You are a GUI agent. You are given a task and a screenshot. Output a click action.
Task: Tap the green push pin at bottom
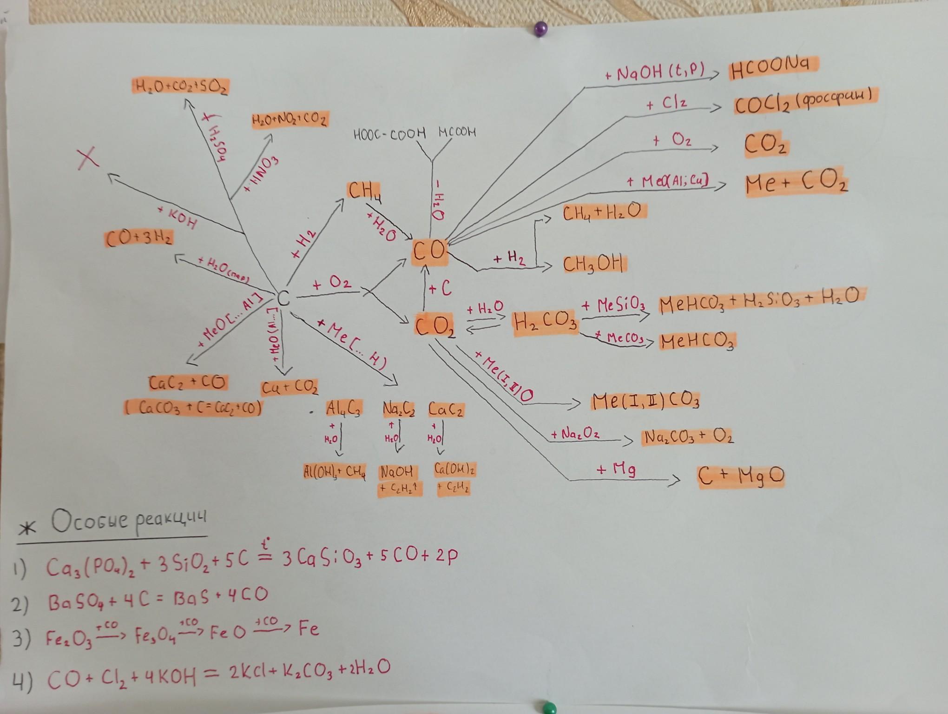[x=550, y=707]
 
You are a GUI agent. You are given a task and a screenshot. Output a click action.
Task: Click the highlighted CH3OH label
[x=593, y=264]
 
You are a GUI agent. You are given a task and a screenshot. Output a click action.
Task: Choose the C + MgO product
[x=741, y=476]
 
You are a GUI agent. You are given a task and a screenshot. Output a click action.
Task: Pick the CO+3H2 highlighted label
[x=138, y=238]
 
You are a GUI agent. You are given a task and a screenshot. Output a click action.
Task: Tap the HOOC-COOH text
[x=389, y=134]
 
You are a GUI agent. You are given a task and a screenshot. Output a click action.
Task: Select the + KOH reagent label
[x=177, y=218]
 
